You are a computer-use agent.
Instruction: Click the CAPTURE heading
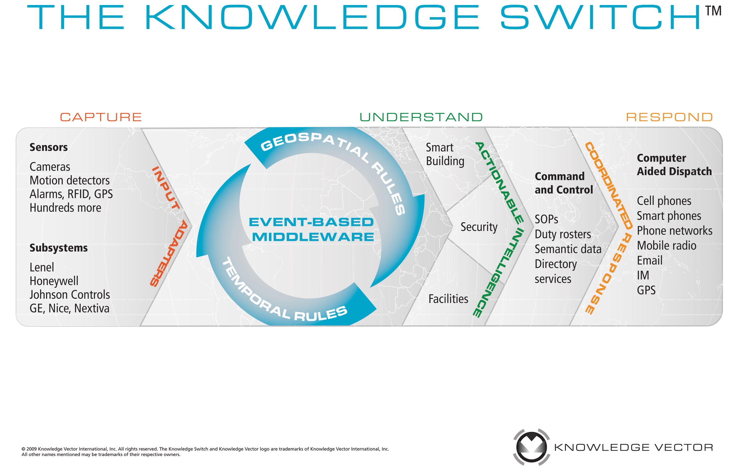(x=101, y=117)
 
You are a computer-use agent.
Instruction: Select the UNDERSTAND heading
(x=421, y=117)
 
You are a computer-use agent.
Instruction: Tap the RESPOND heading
(x=669, y=117)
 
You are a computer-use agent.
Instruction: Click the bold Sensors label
(x=49, y=147)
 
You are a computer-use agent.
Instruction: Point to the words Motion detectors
(x=70, y=181)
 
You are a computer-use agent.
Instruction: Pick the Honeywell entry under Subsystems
(x=54, y=281)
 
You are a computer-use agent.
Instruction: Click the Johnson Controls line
(x=70, y=295)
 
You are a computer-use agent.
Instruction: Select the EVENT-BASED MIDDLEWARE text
(x=312, y=229)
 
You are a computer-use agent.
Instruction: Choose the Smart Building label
(x=445, y=154)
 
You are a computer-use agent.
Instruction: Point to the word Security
(x=479, y=227)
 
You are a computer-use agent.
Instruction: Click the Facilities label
(x=448, y=299)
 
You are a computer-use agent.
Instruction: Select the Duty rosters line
(x=563, y=234)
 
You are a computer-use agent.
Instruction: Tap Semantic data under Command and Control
(x=568, y=249)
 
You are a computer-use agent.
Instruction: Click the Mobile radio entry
(x=667, y=246)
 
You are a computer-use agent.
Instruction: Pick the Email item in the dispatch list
(x=650, y=261)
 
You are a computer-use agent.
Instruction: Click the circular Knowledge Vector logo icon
(x=532, y=447)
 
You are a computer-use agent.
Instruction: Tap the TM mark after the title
(x=713, y=11)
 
